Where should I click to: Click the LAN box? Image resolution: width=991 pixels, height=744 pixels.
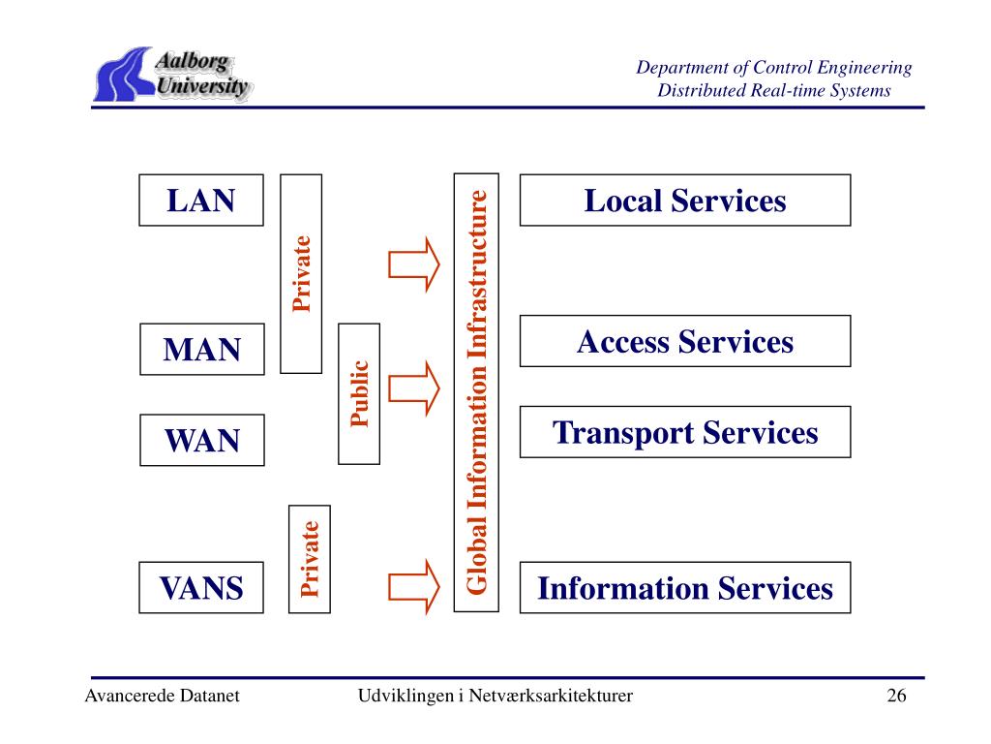point(201,201)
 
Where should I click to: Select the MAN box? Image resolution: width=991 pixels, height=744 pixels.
point(201,349)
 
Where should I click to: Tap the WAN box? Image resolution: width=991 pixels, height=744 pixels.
point(201,441)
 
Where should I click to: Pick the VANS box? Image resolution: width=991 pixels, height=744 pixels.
point(201,587)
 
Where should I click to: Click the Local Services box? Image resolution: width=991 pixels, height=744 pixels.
point(685,201)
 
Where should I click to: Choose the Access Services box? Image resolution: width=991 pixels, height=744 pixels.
point(685,341)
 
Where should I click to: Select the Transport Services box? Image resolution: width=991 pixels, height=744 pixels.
point(685,432)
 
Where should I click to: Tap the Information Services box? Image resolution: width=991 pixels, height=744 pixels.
point(685,588)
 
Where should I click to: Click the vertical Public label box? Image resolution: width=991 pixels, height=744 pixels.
point(360,393)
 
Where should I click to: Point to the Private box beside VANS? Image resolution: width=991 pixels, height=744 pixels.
point(310,559)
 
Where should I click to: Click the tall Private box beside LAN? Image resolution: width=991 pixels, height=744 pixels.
point(301,273)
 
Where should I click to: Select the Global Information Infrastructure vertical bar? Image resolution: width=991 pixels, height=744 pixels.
point(476,392)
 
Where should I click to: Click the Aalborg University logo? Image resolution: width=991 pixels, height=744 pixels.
point(173,75)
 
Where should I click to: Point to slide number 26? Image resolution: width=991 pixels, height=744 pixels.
point(896,697)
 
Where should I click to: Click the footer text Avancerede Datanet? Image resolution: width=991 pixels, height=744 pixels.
point(162,697)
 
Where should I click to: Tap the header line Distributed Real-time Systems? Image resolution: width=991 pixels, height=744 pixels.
point(774,91)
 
